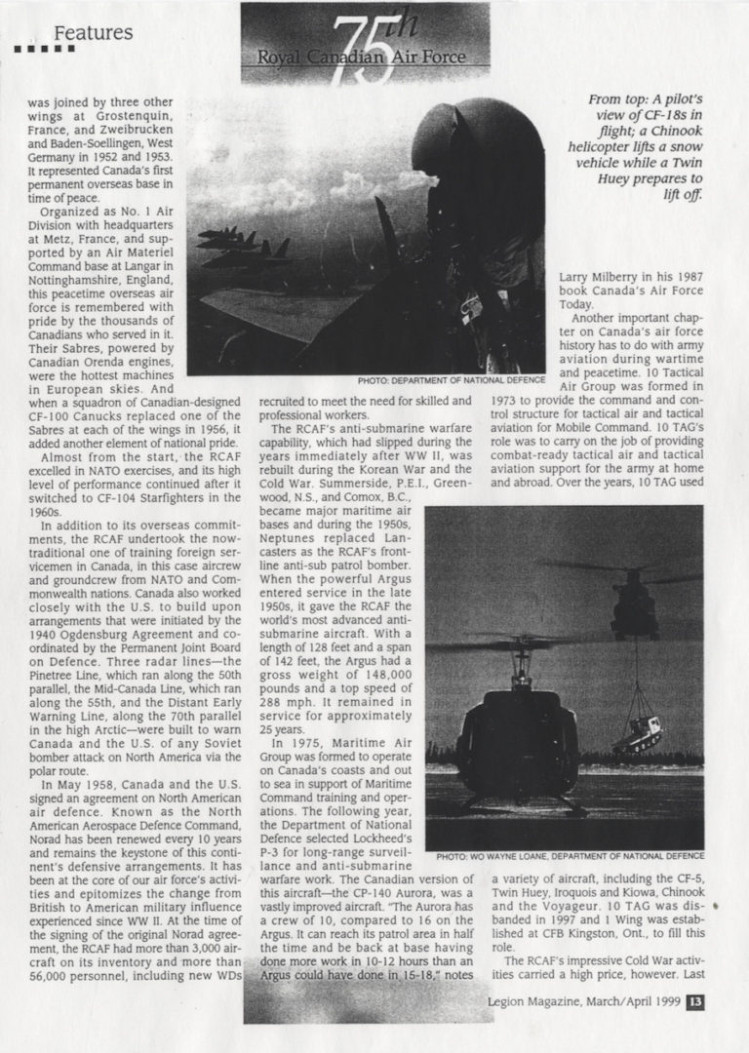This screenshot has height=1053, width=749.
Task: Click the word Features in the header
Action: [94, 33]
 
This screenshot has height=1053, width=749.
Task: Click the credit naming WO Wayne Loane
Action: [569, 856]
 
